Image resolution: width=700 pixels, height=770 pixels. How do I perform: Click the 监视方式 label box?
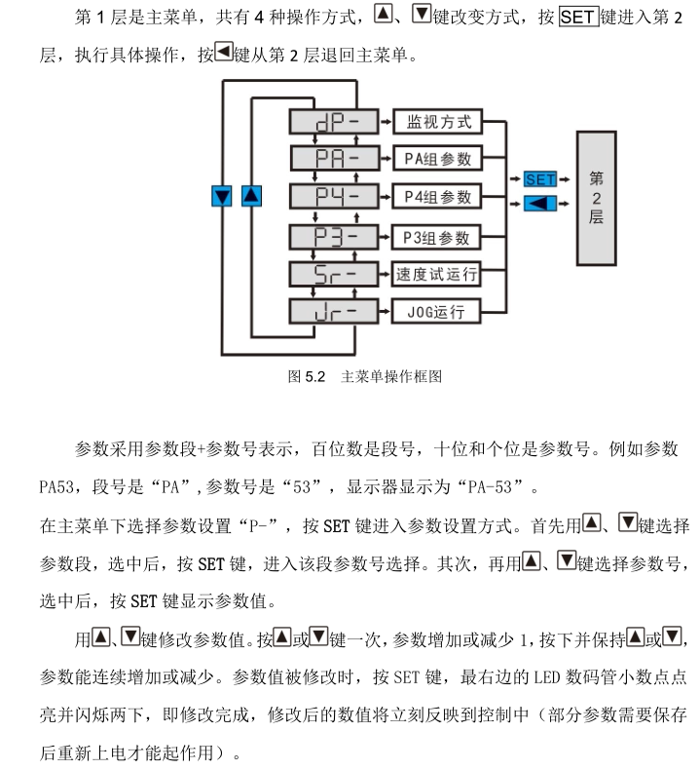pos(437,122)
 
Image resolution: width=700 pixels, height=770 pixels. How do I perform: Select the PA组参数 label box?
pos(437,159)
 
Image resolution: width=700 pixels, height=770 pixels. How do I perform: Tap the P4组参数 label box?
pos(437,197)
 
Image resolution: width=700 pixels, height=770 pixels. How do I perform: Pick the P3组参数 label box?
pos(437,237)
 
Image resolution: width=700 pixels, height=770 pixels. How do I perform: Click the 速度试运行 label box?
pos(437,275)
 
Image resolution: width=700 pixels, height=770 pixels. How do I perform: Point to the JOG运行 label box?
pos(437,313)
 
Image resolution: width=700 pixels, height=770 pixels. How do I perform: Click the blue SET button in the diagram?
pos(539,179)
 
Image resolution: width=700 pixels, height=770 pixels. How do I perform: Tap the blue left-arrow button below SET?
pos(539,203)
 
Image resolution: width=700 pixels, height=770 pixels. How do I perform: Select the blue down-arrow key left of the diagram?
pos(223,196)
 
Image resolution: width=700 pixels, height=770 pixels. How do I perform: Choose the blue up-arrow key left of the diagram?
pos(251,196)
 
